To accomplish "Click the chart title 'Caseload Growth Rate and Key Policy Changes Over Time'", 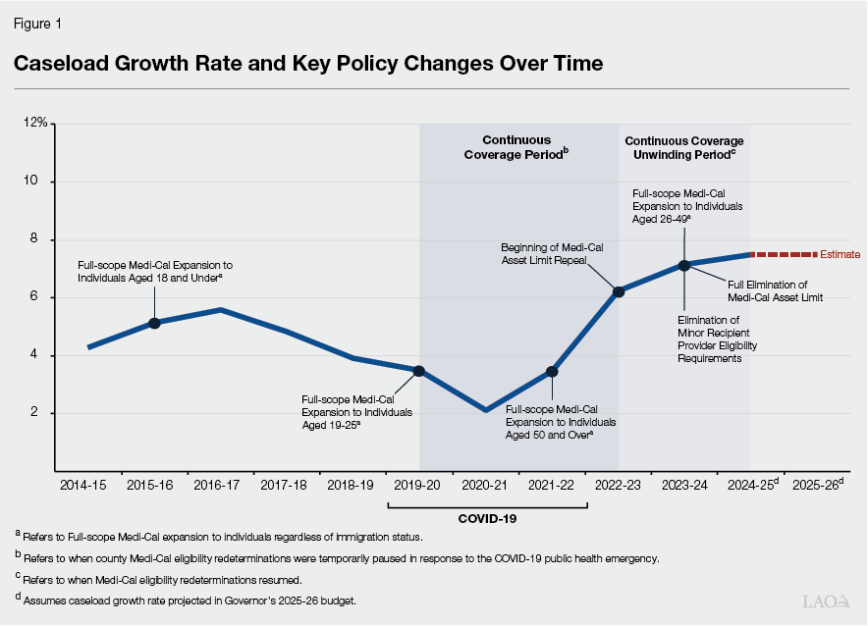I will click(x=307, y=64).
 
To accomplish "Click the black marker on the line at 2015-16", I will click(x=154, y=323).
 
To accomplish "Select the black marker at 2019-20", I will click(x=419, y=371).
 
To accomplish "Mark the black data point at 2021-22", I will click(x=552, y=372).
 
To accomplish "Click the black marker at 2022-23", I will click(x=619, y=290).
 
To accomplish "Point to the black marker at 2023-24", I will click(x=684, y=265).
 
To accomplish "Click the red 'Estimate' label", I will click(x=840, y=254).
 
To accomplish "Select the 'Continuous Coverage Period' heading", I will click(x=517, y=147).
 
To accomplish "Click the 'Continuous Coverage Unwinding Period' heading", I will click(x=683, y=147).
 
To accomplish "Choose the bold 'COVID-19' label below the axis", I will click(x=487, y=518).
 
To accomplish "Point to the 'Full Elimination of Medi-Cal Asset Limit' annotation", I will click(x=776, y=290).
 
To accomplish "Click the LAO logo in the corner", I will click(x=827, y=601).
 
